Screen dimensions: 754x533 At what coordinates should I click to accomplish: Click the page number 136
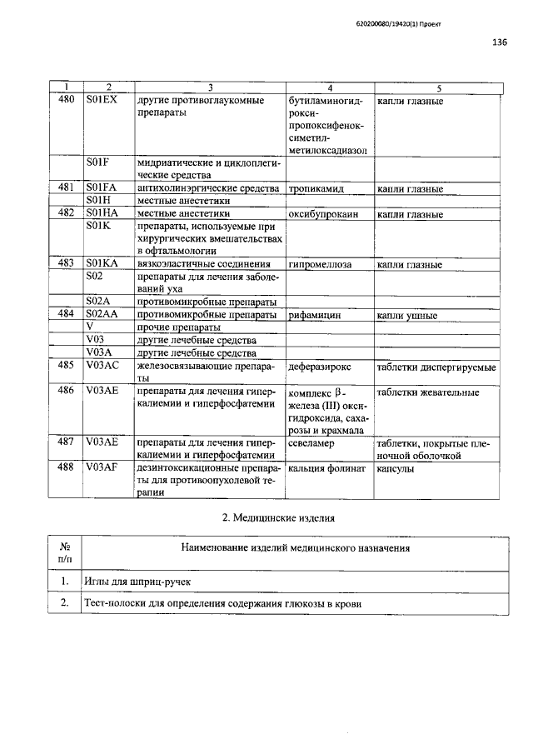click(x=500, y=43)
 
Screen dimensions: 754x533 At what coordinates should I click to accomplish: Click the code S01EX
click(x=102, y=102)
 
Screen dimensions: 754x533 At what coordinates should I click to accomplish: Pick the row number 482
click(x=66, y=214)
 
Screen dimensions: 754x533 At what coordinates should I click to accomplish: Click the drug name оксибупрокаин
click(x=323, y=214)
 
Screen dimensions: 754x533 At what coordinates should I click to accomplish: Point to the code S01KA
click(x=102, y=264)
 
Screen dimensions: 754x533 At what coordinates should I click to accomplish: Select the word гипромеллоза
click(x=321, y=265)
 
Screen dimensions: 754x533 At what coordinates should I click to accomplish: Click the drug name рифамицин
click(x=315, y=316)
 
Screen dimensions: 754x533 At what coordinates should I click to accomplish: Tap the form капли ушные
click(x=407, y=316)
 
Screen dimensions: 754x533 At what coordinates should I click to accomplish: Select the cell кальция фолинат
click(x=327, y=469)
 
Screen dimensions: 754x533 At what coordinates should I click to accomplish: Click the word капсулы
click(x=401, y=469)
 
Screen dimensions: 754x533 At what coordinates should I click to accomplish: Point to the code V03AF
click(x=102, y=468)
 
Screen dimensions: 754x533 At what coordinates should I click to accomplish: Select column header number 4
click(x=331, y=87)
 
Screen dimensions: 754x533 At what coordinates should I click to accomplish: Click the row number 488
click(x=66, y=468)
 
